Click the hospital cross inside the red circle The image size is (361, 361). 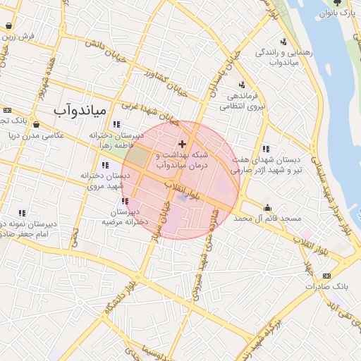click(182, 144)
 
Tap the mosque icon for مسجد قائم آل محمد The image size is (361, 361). click(268, 208)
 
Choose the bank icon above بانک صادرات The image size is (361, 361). click(326, 275)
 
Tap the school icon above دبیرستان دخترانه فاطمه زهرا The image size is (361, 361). click(116, 124)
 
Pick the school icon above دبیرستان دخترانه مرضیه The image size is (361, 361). click(125, 202)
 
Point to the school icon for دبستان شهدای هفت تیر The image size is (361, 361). click(265, 149)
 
